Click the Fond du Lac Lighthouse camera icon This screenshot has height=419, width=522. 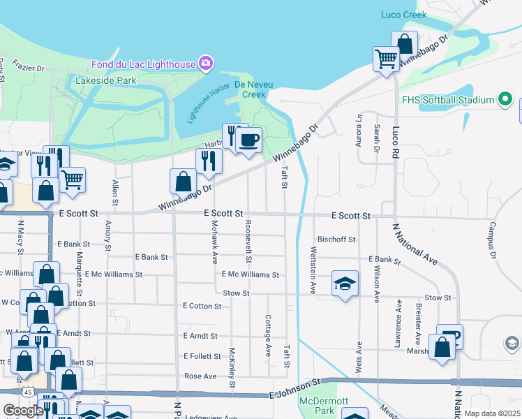[x=205, y=64]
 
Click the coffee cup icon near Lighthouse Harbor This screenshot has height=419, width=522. [x=248, y=140]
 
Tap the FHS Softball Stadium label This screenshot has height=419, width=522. [x=447, y=100]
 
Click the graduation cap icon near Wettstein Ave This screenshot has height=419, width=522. [x=345, y=283]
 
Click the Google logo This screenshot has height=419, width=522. [x=23, y=411]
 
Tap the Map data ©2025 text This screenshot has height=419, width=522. [x=492, y=413]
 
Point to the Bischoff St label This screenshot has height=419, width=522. [x=336, y=240]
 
